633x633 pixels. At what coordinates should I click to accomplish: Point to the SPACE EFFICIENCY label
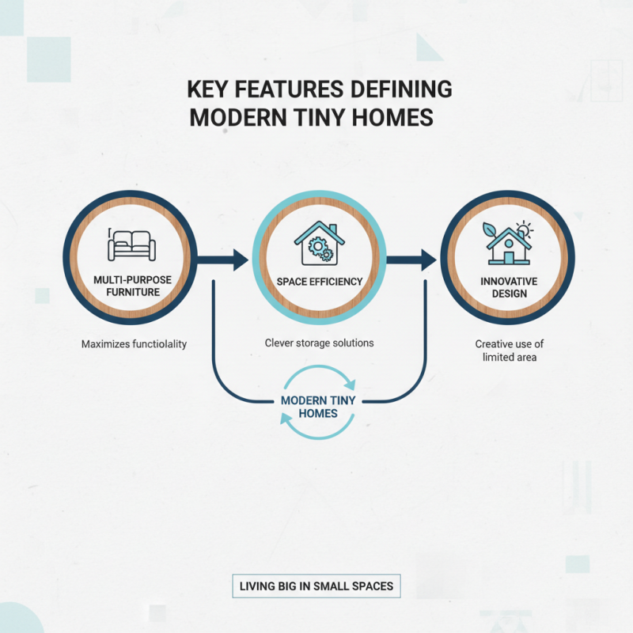[319, 282]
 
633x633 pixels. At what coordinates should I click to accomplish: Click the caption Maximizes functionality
[134, 344]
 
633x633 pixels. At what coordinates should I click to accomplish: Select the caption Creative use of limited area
[509, 351]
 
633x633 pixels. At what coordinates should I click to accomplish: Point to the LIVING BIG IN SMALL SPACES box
[316, 587]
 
